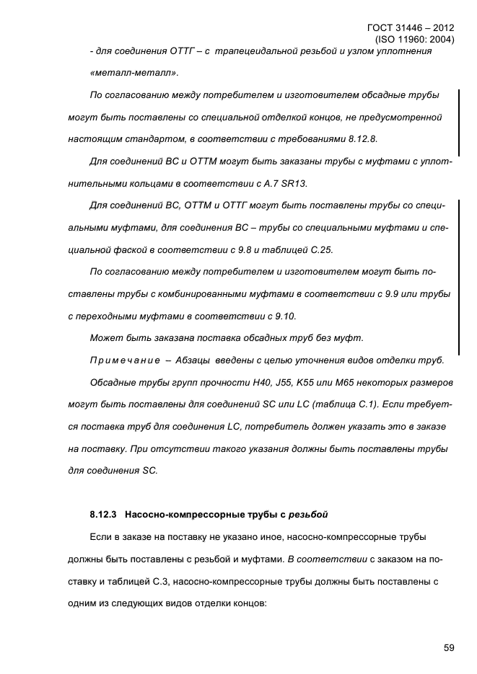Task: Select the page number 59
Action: (448, 647)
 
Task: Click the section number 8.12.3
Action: (104, 515)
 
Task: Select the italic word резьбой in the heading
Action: (309, 515)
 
